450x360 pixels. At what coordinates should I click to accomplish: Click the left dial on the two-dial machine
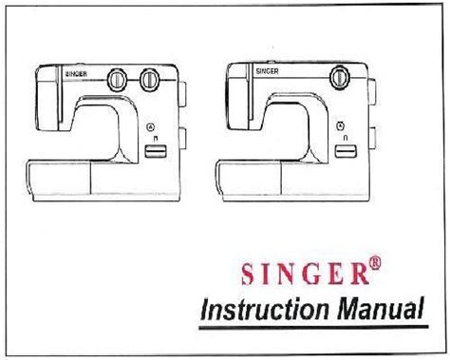click(117, 79)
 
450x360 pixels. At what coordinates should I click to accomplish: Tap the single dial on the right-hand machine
click(340, 77)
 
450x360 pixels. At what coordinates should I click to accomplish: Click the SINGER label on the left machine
click(76, 74)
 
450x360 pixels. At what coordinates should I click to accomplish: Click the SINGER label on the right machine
click(267, 71)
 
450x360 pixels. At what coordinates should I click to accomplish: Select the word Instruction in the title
click(265, 310)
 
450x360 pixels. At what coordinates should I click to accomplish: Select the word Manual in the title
click(380, 308)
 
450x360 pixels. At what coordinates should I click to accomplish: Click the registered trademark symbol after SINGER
click(375, 263)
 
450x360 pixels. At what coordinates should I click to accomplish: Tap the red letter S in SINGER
click(248, 274)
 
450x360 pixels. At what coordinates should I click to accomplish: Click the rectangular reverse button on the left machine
click(156, 151)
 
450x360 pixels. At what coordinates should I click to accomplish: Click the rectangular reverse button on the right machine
click(346, 151)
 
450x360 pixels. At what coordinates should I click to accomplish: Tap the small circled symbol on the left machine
click(151, 127)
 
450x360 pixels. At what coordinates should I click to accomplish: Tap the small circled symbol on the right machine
click(341, 125)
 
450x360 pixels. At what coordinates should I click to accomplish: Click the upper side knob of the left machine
click(182, 95)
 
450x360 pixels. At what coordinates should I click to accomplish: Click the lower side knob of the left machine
click(182, 138)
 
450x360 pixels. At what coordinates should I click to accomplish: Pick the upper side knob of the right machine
click(372, 92)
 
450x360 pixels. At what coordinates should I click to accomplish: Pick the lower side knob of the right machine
click(372, 138)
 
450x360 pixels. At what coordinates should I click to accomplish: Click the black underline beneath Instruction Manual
click(313, 328)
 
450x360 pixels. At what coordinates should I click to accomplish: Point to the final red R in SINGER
click(360, 274)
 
